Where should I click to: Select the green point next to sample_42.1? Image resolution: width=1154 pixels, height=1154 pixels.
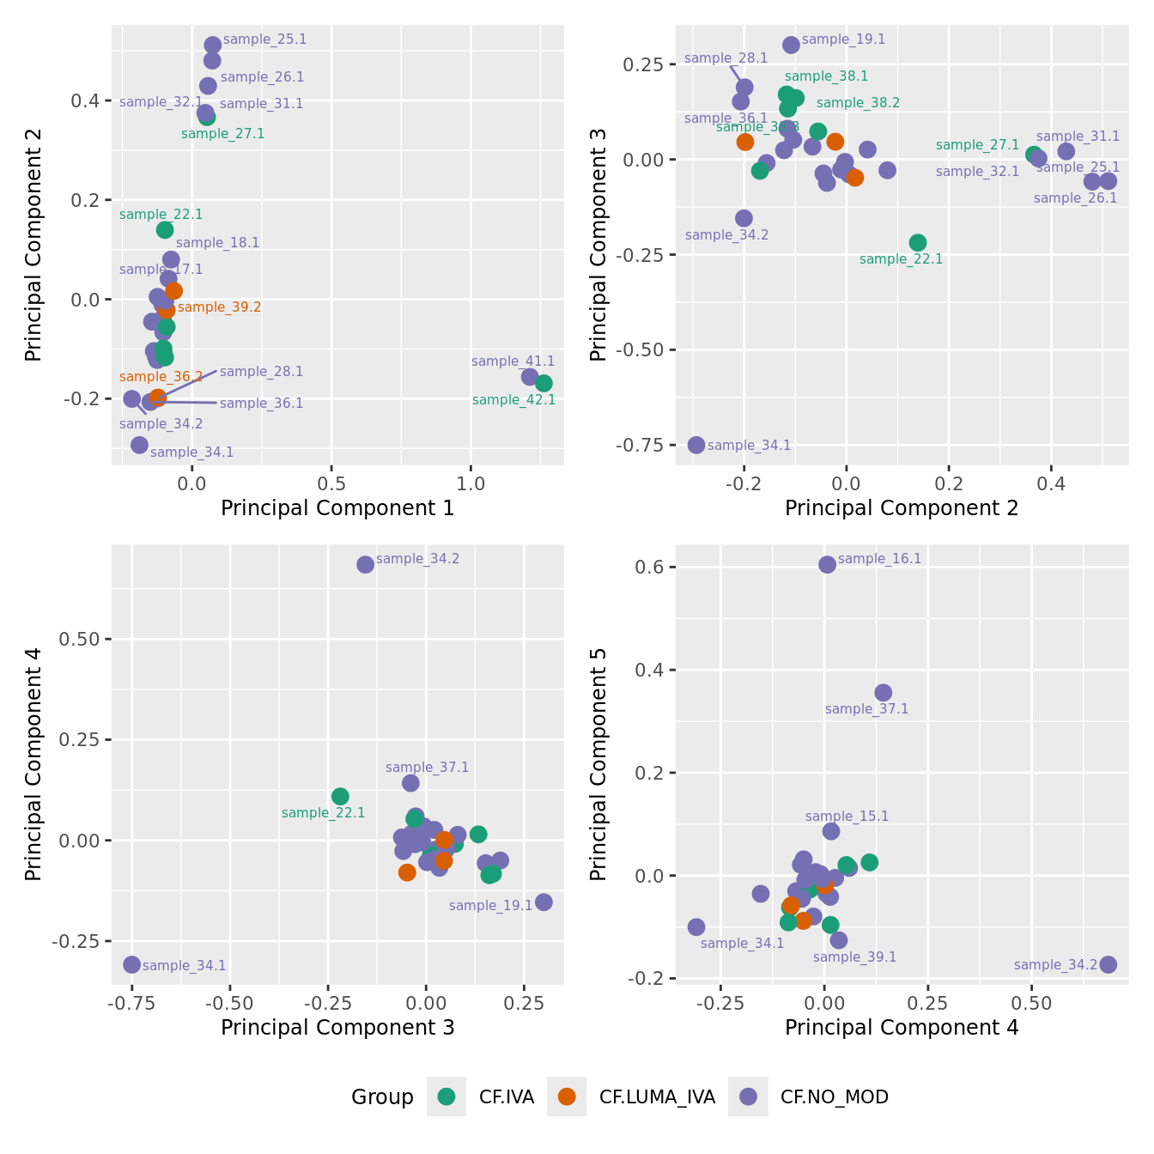click(544, 383)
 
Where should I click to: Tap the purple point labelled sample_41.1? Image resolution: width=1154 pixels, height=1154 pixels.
click(530, 376)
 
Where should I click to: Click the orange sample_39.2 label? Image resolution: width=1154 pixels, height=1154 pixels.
click(219, 307)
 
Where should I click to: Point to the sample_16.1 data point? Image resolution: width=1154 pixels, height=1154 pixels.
click(827, 564)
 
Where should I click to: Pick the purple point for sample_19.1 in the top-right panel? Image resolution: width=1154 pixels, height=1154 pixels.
click(791, 45)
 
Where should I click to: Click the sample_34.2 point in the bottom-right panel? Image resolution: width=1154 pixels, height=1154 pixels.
click(1108, 964)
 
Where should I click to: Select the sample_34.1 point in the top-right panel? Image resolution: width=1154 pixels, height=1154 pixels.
click(696, 445)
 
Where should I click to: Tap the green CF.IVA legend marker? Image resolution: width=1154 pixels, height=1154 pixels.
click(446, 1096)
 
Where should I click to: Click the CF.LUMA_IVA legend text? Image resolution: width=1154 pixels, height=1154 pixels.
click(657, 1097)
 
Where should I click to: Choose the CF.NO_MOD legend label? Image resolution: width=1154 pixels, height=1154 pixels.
click(834, 1097)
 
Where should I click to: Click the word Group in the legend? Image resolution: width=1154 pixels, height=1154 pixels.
click(382, 1097)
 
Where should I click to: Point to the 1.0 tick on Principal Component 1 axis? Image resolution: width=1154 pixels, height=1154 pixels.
click(471, 483)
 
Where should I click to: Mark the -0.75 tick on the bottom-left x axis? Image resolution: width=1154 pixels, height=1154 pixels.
click(131, 1003)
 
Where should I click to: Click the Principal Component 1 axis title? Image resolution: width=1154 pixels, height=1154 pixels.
click(337, 508)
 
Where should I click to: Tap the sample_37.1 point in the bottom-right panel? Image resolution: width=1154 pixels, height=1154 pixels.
click(883, 692)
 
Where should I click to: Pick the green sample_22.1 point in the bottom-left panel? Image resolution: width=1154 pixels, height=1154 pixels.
click(340, 796)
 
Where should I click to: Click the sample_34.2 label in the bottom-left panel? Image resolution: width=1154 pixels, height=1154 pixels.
click(417, 559)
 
